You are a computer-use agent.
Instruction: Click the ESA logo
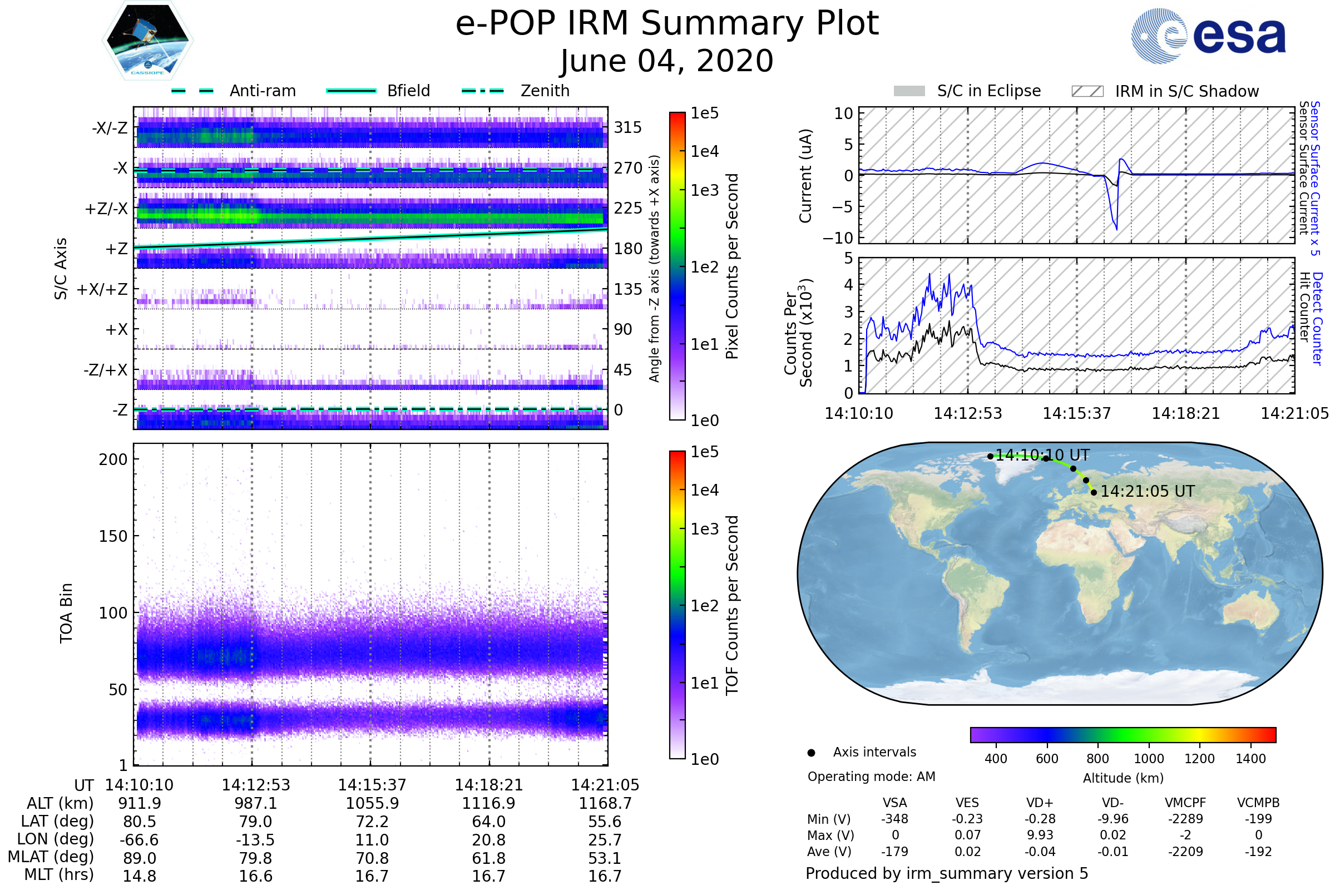(x=1208, y=36)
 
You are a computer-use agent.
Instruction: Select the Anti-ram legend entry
(x=233, y=91)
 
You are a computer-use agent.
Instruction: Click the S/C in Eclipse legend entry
(x=967, y=91)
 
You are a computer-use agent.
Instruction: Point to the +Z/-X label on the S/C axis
(x=106, y=209)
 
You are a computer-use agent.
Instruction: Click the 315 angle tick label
(x=628, y=127)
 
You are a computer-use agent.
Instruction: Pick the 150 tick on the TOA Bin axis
(x=113, y=536)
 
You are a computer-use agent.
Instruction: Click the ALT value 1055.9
(x=372, y=804)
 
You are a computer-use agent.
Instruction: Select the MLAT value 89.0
(x=140, y=858)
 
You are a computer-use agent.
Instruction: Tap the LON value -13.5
(x=256, y=840)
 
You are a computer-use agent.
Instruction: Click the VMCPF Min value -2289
(x=1185, y=819)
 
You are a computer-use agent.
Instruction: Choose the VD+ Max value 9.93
(x=1040, y=835)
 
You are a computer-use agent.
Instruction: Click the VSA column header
(x=895, y=803)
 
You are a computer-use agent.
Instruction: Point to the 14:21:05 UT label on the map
(x=1148, y=492)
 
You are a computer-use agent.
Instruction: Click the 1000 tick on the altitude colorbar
(x=1149, y=759)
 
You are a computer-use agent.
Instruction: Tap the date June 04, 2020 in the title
(x=667, y=61)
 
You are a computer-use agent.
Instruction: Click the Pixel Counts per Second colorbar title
(x=732, y=266)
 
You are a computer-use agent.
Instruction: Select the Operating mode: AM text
(x=871, y=777)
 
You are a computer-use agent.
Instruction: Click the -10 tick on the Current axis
(x=838, y=238)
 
